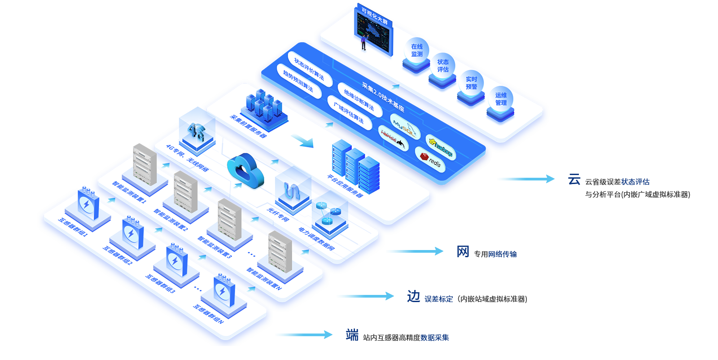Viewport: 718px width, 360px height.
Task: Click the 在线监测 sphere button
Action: [x=416, y=50]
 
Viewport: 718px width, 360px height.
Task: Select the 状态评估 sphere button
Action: [x=442, y=66]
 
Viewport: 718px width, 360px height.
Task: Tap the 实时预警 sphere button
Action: [x=471, y=83]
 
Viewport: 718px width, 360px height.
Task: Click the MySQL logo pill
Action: [x=404, y=127]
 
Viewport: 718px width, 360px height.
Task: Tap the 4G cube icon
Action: [x=197, y=132]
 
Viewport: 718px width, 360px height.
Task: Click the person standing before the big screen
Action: [x=363, y=43]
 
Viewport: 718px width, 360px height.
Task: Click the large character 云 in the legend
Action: [x=574, y=180]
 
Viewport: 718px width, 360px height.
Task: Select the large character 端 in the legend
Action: [x=352, y=335]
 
